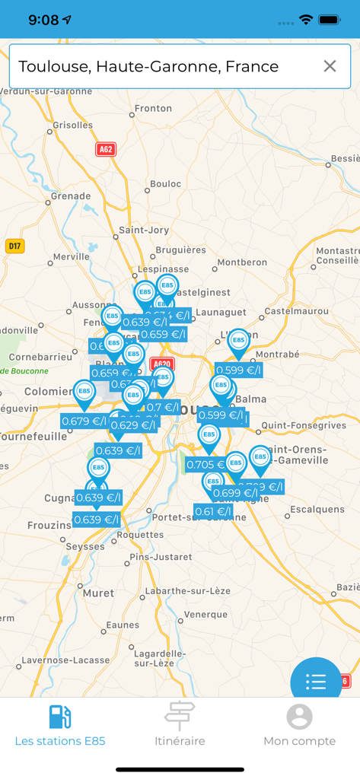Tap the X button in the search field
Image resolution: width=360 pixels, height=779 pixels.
[330, 66]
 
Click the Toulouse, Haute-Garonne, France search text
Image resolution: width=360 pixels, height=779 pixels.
[148, 66]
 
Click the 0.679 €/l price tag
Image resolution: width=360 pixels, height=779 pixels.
[84, 421]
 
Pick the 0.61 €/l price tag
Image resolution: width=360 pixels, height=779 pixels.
[213, 511]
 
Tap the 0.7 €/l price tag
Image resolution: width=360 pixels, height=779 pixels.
[163, 407]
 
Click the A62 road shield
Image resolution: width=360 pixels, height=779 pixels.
[106, 149]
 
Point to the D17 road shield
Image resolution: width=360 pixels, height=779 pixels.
[14, 246]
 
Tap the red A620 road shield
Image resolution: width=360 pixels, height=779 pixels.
[161, 364]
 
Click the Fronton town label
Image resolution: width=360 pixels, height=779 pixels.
[154, 108]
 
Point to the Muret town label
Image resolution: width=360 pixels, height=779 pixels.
[98, 593]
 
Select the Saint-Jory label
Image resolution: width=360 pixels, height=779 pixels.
[144, 230]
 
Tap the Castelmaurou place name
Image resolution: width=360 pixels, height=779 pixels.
[295, 310]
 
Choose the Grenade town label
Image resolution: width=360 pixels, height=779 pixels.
[71, 196]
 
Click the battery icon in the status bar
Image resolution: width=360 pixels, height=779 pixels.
[330, 20]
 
